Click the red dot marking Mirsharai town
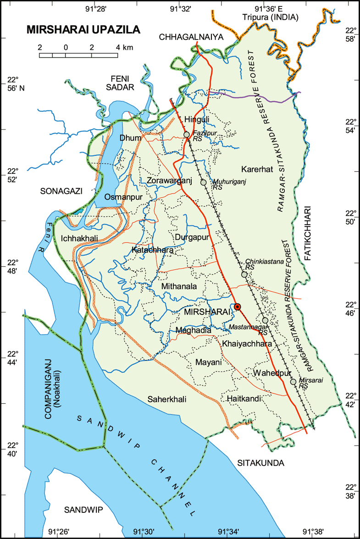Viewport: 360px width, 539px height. tap(237, 307)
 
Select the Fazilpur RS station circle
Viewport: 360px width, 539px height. tap(187, 134)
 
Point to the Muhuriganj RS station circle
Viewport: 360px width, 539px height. tap(204, 182)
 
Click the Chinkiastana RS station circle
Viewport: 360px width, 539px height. tap(244, 275)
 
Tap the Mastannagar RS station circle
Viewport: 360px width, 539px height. tap(265, 320)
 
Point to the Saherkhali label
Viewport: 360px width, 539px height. tap(167, 399)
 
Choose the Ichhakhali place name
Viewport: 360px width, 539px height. tap(79, 238)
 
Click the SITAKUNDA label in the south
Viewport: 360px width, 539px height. tap(260, 463)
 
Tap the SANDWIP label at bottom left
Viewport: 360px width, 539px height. tap(83, 510)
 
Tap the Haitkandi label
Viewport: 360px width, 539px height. tap(244, 399)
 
